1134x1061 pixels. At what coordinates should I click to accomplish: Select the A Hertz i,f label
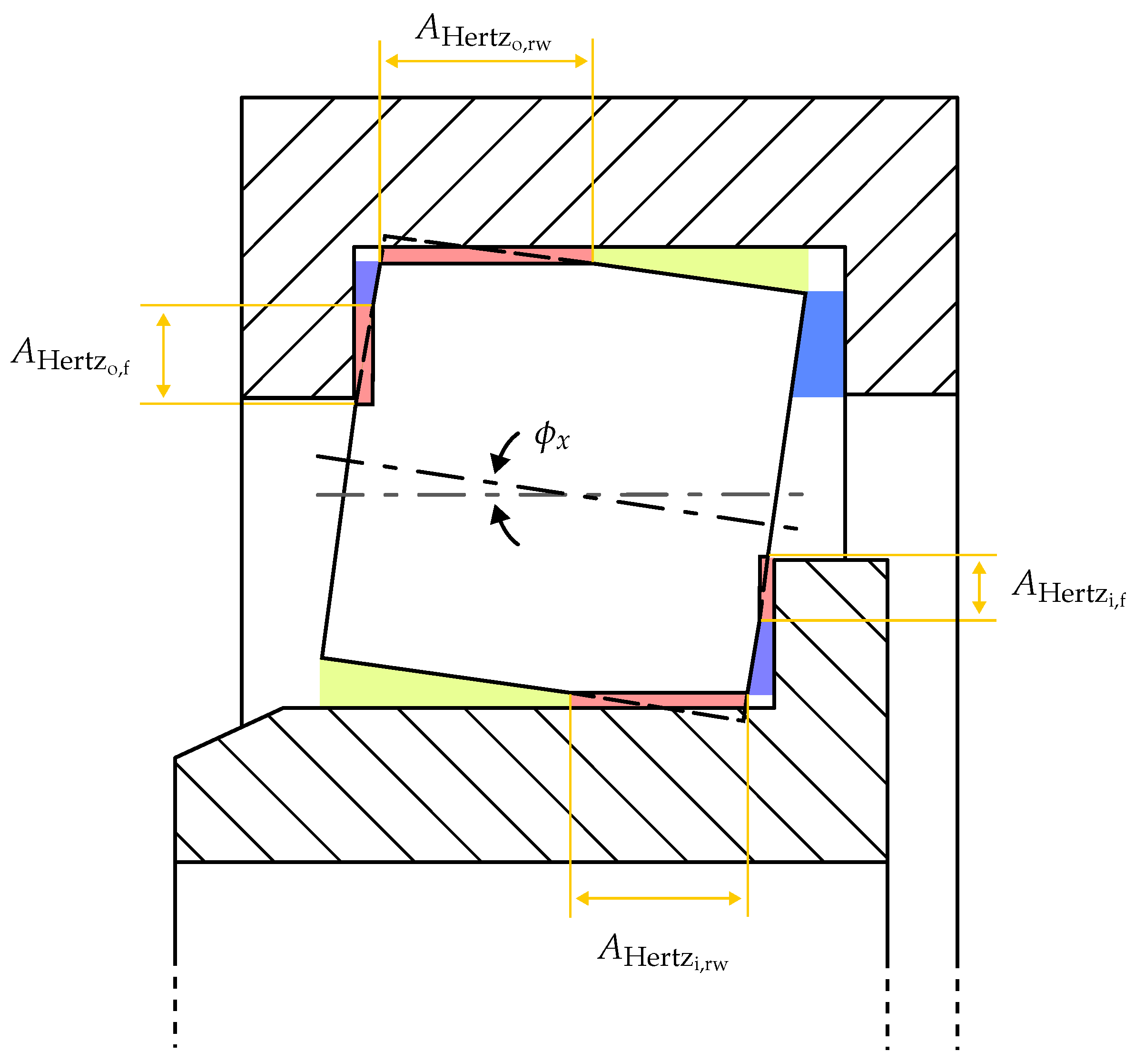pos(1068,588)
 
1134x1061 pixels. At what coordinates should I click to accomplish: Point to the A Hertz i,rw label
pos(663,952)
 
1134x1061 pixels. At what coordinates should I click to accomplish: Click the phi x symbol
pos(551,436)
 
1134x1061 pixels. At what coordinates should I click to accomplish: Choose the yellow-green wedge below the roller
pos(399,688)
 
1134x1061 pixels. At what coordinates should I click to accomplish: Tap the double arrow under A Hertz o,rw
pos(486,61)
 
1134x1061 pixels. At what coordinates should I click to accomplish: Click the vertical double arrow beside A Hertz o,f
pos(164,355)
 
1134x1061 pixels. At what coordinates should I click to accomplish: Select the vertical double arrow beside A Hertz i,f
pos(979,588)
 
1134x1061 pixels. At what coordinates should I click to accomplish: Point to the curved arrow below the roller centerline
pos(504,525)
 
